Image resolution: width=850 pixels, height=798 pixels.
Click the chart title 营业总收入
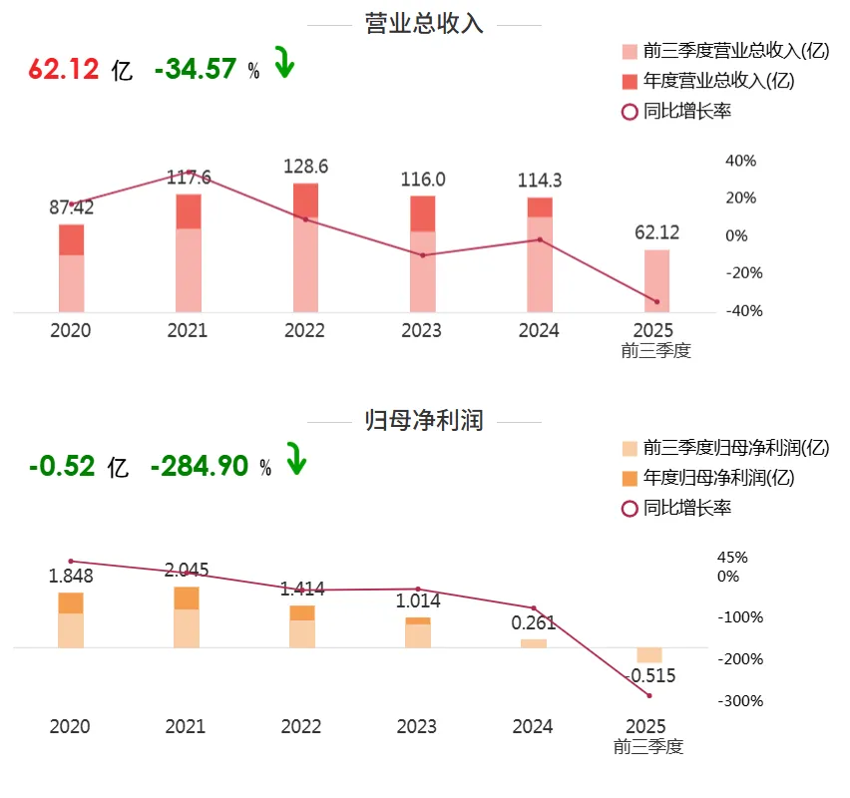425,25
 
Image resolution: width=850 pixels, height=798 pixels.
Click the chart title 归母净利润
425,421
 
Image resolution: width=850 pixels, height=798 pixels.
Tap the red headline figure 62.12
65,69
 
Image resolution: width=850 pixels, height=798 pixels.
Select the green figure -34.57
196,69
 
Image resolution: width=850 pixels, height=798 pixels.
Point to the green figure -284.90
200,465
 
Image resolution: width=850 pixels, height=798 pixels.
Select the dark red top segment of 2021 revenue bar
189,211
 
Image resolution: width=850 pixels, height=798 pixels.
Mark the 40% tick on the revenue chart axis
740,161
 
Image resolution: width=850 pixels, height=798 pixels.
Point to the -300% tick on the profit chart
739,701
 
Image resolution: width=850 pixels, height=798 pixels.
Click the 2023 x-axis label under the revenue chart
422,331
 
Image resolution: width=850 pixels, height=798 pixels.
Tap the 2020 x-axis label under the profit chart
70,726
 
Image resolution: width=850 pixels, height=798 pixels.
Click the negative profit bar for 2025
649,654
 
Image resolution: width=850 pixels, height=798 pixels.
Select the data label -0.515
649,676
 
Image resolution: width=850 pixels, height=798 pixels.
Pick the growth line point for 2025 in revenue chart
656,301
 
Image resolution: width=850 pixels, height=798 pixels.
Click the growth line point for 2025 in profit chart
649,695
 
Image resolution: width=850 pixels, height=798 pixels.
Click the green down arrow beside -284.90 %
296,461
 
